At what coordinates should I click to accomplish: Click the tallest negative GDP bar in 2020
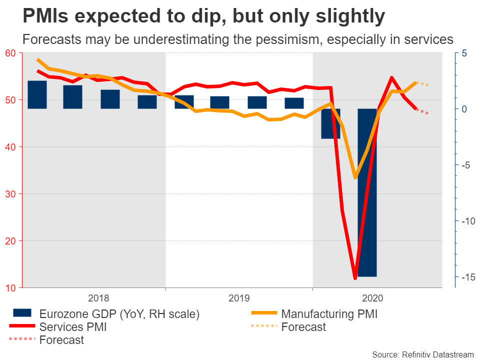(367, 192)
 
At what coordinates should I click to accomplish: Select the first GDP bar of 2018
(37, 94)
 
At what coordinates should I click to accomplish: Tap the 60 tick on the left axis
(10, 53)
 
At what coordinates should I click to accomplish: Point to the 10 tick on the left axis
(10, 288)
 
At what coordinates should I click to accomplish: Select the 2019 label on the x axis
(239, 298)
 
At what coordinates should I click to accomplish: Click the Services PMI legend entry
(73, 327)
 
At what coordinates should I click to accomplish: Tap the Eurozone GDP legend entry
(119, 314)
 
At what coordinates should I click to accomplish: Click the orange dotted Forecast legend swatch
(263, 327)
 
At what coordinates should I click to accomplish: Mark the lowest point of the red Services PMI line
(355, 278)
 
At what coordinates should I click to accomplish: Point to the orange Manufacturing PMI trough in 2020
(355, 177)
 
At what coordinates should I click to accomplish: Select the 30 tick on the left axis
(10, 194)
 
